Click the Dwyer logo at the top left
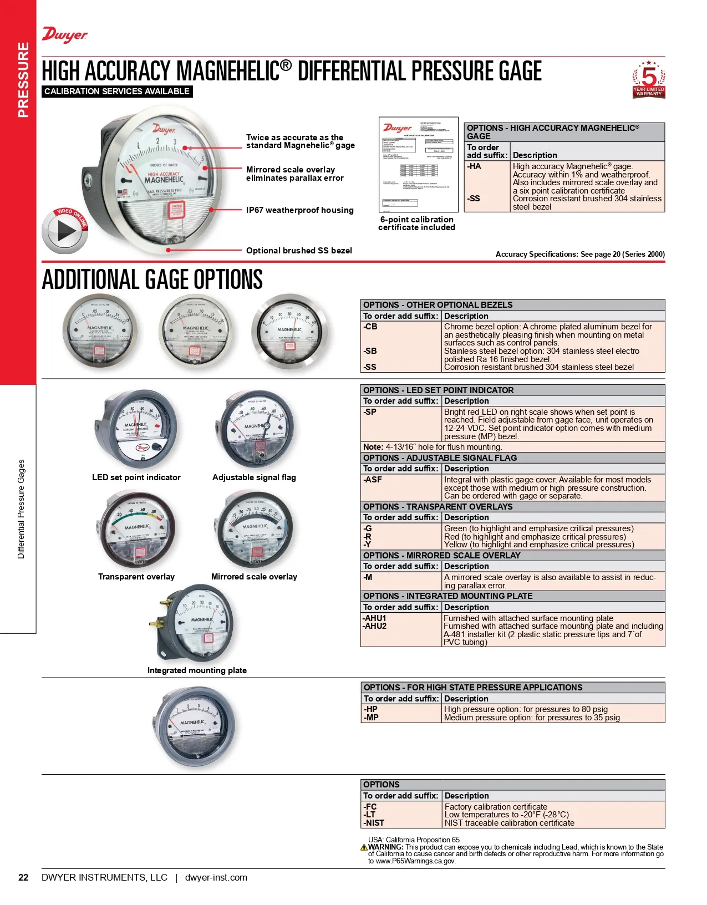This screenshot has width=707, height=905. [65, 35]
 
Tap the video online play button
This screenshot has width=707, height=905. [65, 231]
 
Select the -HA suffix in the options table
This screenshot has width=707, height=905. [474, 166]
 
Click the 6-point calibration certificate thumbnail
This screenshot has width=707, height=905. [419, 164]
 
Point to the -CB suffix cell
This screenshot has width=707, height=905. [370, 327]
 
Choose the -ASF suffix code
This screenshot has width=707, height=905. [373, 480]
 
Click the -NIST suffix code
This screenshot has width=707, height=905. [374, 823]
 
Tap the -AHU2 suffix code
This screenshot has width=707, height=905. [375, 626]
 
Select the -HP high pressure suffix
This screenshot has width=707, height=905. [370, 709]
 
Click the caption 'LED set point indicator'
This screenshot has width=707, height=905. [136, 477]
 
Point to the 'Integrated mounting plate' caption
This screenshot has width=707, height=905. [197, 670]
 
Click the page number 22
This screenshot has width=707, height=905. [23, 877]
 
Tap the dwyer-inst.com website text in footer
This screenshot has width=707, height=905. [216, 877]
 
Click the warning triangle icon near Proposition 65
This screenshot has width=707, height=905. [364, 847]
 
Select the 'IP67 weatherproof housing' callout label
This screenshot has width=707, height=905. [299, 210]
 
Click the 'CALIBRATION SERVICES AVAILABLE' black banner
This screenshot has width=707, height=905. [117, 91]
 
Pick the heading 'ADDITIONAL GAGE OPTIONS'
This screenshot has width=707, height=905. [152, 279]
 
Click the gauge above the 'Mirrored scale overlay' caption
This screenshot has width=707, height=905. [254, 530]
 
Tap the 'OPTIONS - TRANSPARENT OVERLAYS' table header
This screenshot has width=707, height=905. [438, 507]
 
